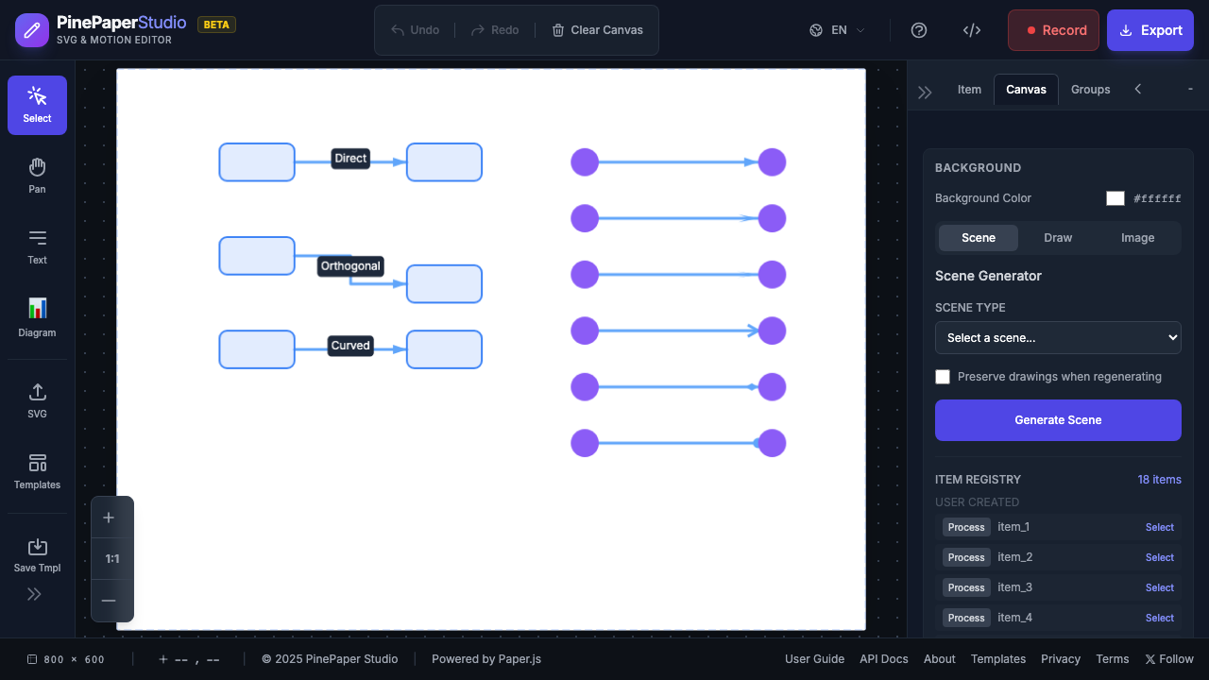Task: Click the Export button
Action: point(1149,30)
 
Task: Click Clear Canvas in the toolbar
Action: point(597,30)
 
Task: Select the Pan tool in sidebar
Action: point(37,176)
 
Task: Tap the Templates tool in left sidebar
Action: point(37,471)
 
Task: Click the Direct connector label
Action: point(350,159)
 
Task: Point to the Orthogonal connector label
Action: point(350,266)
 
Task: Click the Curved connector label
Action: point(350,346)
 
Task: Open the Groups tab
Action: point(1090,90)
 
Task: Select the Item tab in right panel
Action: point(969,90)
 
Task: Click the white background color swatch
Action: point(1115,198)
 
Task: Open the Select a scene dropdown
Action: point(1058,338)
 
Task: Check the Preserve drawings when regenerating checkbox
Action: point(943,377)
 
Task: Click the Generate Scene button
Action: point(1058,420)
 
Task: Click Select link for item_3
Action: point(1159,587)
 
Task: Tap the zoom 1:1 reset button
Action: point(112,559)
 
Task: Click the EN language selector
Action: point(838,30)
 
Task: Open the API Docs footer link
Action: point(883,659)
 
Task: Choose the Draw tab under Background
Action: point(1058,238)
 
